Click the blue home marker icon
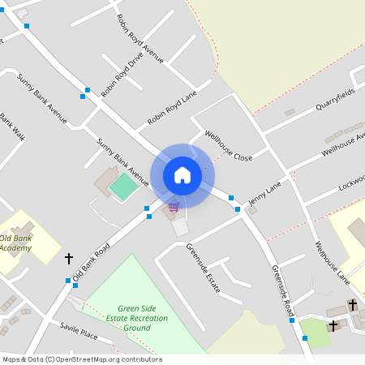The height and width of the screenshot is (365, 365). pyautogui.click(x=182, y=174)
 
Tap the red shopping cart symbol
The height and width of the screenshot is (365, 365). pyautogui.click(x=173, y=207)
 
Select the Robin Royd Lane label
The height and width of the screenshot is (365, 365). pyautogui.click(x=172, y=109)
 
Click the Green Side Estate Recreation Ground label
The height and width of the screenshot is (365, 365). pyautogui.click(x=143, y=318)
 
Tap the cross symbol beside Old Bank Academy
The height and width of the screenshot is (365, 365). pyautogui.click(x=68, y=258)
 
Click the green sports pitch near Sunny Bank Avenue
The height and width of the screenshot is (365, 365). pyautogui.click(x=123, y=187)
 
